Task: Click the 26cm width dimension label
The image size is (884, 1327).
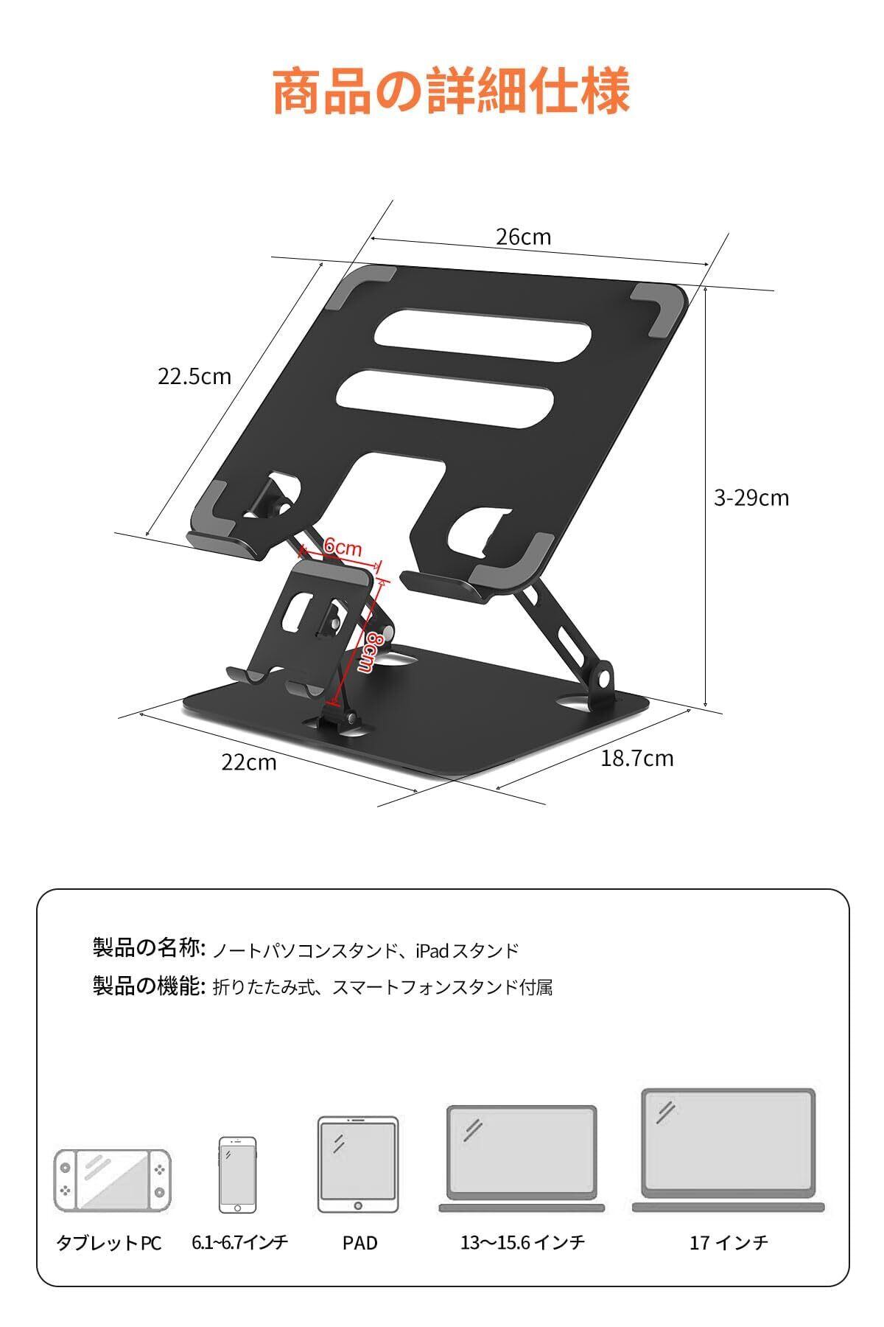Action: [x=523, y=237]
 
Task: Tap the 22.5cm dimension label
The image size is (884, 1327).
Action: [x=194, y=377]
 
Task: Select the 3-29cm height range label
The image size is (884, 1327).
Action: [x=751, y=498]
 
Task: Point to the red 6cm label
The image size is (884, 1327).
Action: [x=343, y=548]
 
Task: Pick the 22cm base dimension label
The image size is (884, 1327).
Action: [x=249, y=762]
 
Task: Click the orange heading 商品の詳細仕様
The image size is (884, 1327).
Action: [x=451, y=91]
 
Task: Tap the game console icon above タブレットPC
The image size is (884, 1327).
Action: [x=112, y=1180]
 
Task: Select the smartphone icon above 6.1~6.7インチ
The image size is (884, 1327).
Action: [x=237, y=1174]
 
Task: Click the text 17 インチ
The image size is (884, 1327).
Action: [x=729, y=1243]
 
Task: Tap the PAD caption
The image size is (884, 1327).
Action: [x=359, y=1243]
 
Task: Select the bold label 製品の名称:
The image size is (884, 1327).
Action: [x=148, y=948]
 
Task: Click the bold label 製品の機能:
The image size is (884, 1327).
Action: [x=148, y=986]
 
